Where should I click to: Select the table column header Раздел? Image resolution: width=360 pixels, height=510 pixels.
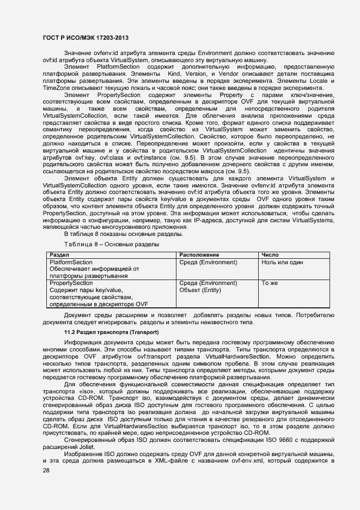59,255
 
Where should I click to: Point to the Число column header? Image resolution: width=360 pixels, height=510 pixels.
271,255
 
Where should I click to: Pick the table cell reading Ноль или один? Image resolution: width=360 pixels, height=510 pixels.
282,262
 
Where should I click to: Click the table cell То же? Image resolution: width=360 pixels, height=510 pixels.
270,283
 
